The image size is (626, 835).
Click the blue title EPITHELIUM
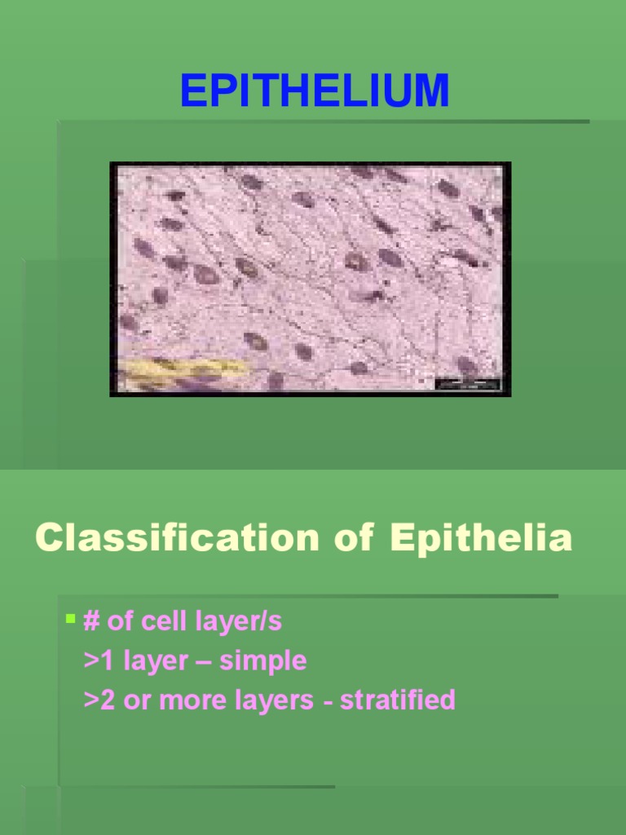314,91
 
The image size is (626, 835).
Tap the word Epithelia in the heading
481,538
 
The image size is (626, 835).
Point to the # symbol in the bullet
90,621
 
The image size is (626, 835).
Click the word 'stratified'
398,700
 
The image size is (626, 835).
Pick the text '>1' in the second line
99,660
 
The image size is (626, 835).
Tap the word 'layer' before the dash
155,660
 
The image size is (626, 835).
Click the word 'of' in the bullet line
120,621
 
